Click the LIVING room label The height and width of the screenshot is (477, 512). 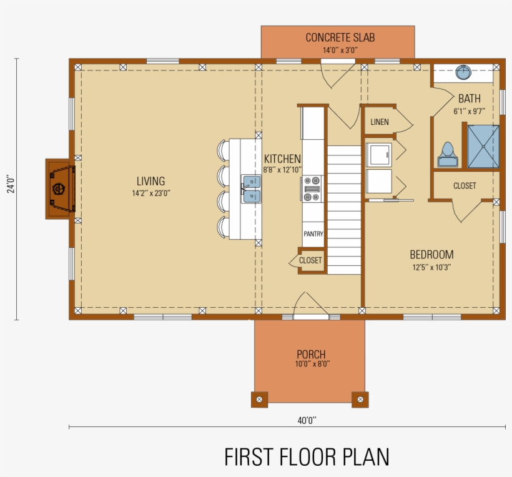[x=150, y=182]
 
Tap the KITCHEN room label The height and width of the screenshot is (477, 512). [x=282, y=159]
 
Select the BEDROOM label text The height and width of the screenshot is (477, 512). [x=431, y=255]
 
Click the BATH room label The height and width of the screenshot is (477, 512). [x=469, y=99]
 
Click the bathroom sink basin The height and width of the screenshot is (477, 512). [x=463, y=72]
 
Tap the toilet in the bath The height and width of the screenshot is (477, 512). [x=446, y=155]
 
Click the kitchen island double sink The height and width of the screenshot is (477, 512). [x=252, y=189]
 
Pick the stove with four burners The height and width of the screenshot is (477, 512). [x=312, y=189]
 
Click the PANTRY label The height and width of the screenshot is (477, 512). [x=313, y=234]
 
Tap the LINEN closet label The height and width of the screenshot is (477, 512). [x=379, y=122]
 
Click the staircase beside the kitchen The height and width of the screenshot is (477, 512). [x=344, y=209]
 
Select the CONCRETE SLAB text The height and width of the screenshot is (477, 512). [x=340, y=38]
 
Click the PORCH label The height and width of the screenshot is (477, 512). [x=311, y=355]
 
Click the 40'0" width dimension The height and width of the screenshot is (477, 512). [x=307, y=421]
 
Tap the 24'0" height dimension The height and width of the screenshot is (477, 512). [x=11, y=185]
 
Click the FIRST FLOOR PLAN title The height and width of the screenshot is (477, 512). [x=307, y=457]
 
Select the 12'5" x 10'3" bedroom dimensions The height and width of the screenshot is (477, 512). [x=431, y=267]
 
